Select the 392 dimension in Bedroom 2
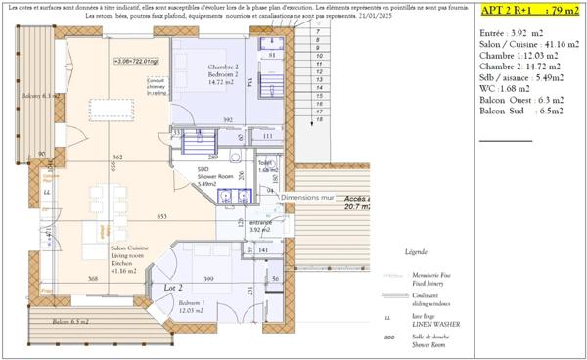(x=228, y=120)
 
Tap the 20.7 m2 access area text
(x=356, y=206)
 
